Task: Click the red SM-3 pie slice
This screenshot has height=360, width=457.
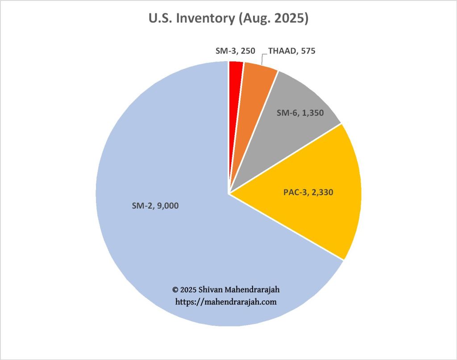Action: point(236,71)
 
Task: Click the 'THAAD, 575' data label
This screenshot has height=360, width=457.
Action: point(291,51)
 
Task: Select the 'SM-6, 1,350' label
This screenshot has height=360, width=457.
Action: point(302,113)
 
